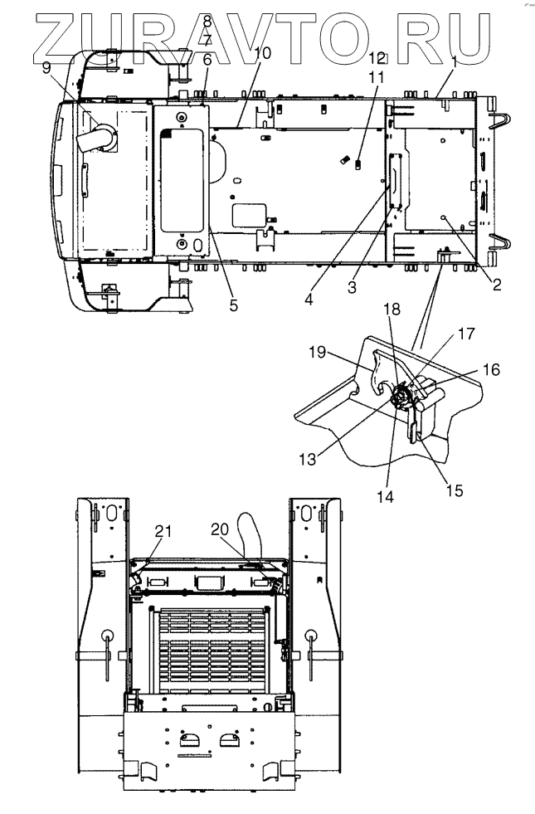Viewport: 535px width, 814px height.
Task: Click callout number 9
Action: pos(46,67)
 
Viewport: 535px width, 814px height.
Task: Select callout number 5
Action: pos(234,305)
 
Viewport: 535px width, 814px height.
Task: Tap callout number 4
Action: pos(309,300)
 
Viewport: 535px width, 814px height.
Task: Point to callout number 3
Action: pos(353,287)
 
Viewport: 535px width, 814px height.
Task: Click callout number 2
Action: pos(497,284)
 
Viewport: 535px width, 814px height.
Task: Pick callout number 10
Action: pos(263,52)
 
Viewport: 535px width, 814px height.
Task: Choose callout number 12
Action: pos(377,57)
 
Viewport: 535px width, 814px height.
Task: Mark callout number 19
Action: pos(317,353)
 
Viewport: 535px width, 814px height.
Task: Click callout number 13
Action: pos(307,459)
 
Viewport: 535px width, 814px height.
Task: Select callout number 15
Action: pos(454,490)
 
